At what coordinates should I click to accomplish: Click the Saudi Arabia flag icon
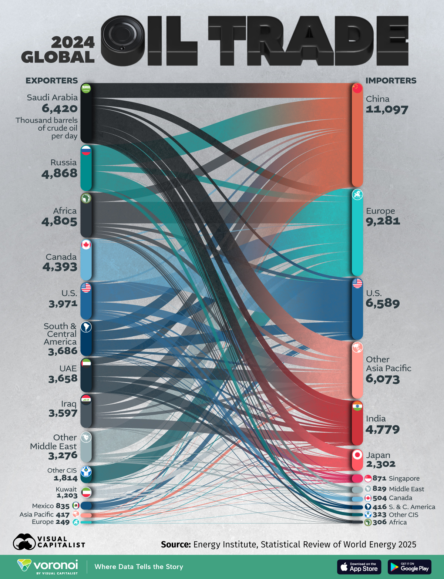pyautogui.click(x=86, y=88)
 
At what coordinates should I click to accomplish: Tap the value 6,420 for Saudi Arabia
pyautogui.click(x=60, y=108)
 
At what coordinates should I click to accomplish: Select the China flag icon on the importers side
pyautogui.click(x=357, y=88)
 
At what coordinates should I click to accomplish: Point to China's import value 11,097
pyautogui.click(x=387, y=110)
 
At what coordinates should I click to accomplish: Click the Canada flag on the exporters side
pyautogui.click(x=86, y=245)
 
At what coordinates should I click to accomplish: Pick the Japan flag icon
pyautogui.click(x=357, y=455)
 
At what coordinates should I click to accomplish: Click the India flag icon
pyautogui.click(x=357, y=406)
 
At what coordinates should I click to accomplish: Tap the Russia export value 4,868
pyautogui.click(x=59, y=173)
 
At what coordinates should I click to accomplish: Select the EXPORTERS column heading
pyautogui.click(x=51, y=81)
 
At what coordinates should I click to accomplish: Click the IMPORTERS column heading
pyautogui.click(x=391, y=81)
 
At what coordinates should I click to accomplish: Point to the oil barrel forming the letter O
pyautogui.click(x=123, y=41)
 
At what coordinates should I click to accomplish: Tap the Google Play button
pyautogui.click(x=409, y=567)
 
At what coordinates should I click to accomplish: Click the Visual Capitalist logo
pyautogui.click(x=49, y=542)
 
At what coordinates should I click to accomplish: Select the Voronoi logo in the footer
pyautogui.click(x=48, y=566)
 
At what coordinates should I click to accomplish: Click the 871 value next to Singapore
pyautogui.click(x=379, y=478)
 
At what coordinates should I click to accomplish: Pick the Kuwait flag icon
pyautogui.click(x=86, y=492)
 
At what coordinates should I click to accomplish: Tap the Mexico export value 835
pyautogui.click(x=63, y=506)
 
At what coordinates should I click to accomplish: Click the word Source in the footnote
pyautogui.click(x=175, y=545)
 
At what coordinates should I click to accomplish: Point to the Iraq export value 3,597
pyautogui.click(x=63, y=413)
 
